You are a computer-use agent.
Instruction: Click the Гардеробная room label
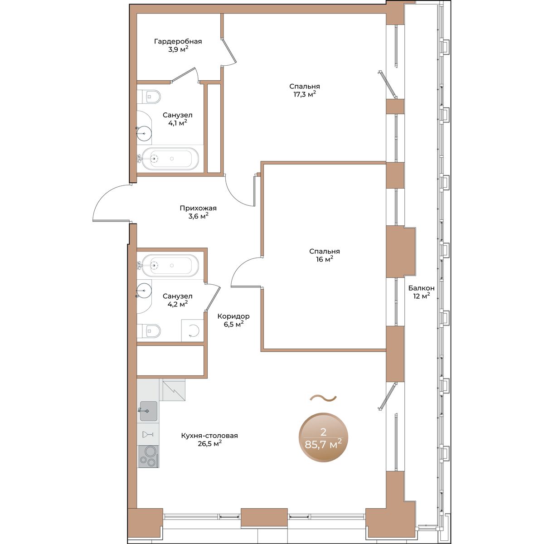click(178, 42)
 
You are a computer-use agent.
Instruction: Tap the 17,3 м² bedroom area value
click(304, 94)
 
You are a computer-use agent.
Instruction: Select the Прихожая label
click(198, 209)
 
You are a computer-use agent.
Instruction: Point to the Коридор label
click(233, 316)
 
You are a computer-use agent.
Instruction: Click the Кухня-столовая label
click(209, 436)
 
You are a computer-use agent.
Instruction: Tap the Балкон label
click(421, 288)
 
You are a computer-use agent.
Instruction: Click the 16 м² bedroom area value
click(325, 259)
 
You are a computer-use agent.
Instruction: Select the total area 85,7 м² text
click(323, 445)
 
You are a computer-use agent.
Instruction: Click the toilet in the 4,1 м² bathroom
click(149, 97)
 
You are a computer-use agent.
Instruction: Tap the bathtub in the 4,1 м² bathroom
click(170, 159)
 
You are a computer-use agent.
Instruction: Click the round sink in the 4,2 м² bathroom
click(144, 291)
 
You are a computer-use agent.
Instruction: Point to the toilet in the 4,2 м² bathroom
click(149, 331)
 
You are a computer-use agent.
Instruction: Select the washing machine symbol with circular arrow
click(192, 330)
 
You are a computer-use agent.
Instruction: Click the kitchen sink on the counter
click(149, 411)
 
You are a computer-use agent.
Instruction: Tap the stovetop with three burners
click(148, 457)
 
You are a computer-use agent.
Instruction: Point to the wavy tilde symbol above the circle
click(323, 398)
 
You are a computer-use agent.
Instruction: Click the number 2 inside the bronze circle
click(324, 432)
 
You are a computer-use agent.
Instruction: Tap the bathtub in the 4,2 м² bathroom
click(170, 265)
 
